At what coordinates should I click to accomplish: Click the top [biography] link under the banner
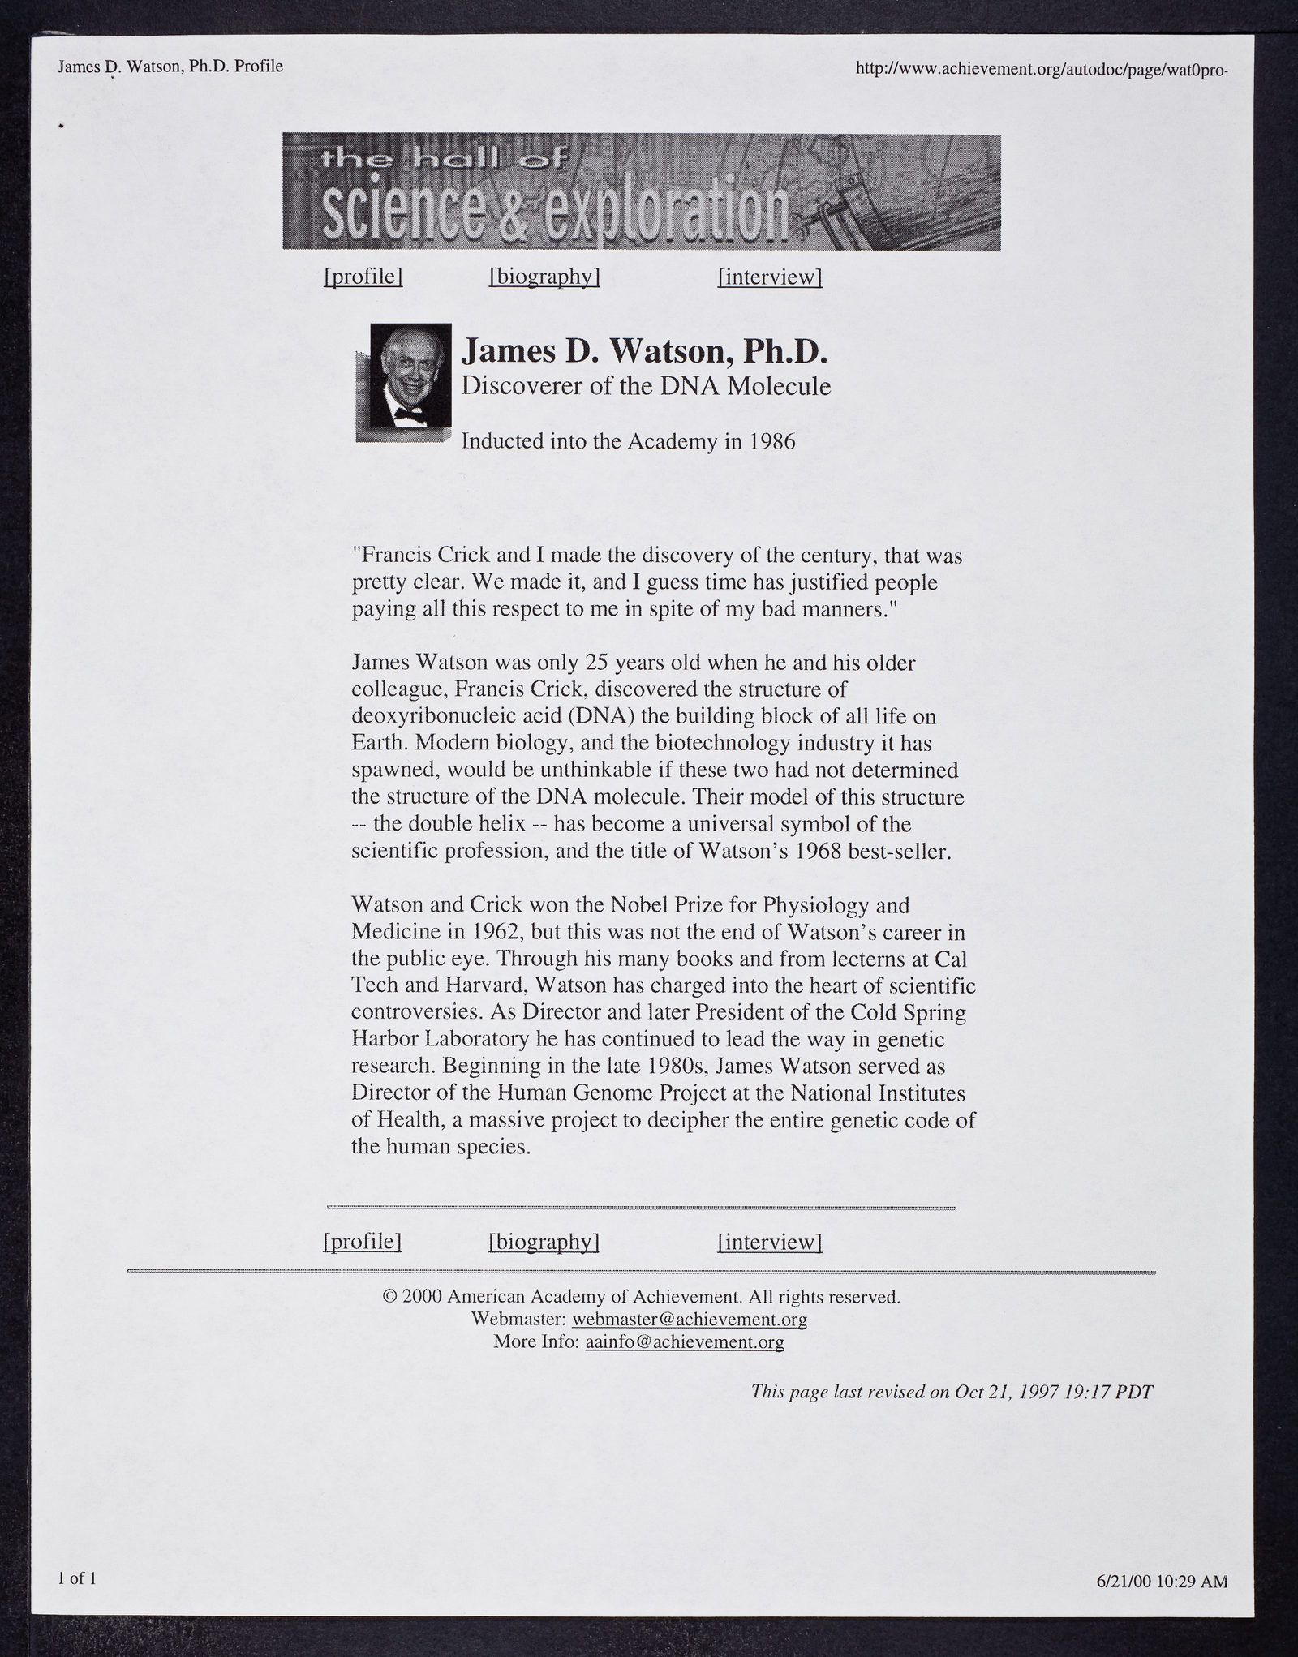point(544,277)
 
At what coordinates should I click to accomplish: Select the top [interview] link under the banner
point(770,277)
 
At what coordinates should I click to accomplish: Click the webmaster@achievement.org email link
point(690,1320)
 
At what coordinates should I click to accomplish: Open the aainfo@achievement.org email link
point(684,1342)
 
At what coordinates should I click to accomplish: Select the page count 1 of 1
point(77,1578)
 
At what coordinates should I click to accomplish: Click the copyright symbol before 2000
point(389,1297)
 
